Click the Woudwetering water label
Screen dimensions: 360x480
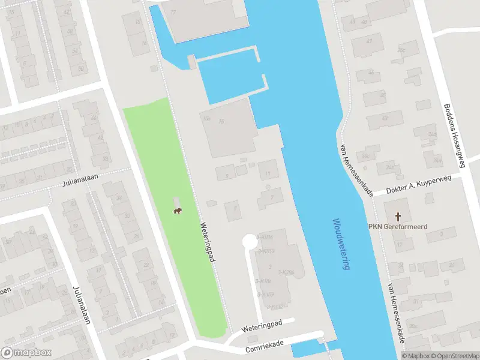pos(341,244)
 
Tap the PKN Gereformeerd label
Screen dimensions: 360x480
pos(397,227)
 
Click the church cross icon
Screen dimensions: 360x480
pos(397,215)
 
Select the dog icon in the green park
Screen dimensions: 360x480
pos(178,211)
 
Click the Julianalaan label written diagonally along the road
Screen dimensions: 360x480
pos(80,304)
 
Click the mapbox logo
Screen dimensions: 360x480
pos(26,353)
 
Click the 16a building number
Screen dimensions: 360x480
pos(207,119)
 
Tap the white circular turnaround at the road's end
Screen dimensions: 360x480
pos(248,241)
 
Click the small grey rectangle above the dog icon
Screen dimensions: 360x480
pos(176,201)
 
